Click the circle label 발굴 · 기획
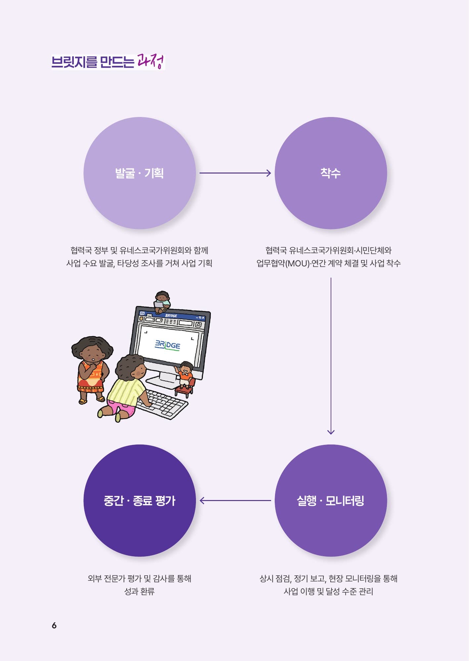pos(139,173)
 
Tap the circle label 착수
pos(331,173)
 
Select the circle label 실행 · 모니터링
pos(331,501)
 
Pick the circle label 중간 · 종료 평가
pos(139,501)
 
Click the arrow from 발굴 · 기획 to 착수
pos(235,173)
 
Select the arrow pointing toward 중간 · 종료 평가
pos(235,501)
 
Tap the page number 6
pos(54,625)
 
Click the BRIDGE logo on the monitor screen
pos(167,345)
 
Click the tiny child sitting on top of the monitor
pos(162,302)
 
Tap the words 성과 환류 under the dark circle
pos(139,591)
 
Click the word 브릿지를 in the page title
pos(74,62)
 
